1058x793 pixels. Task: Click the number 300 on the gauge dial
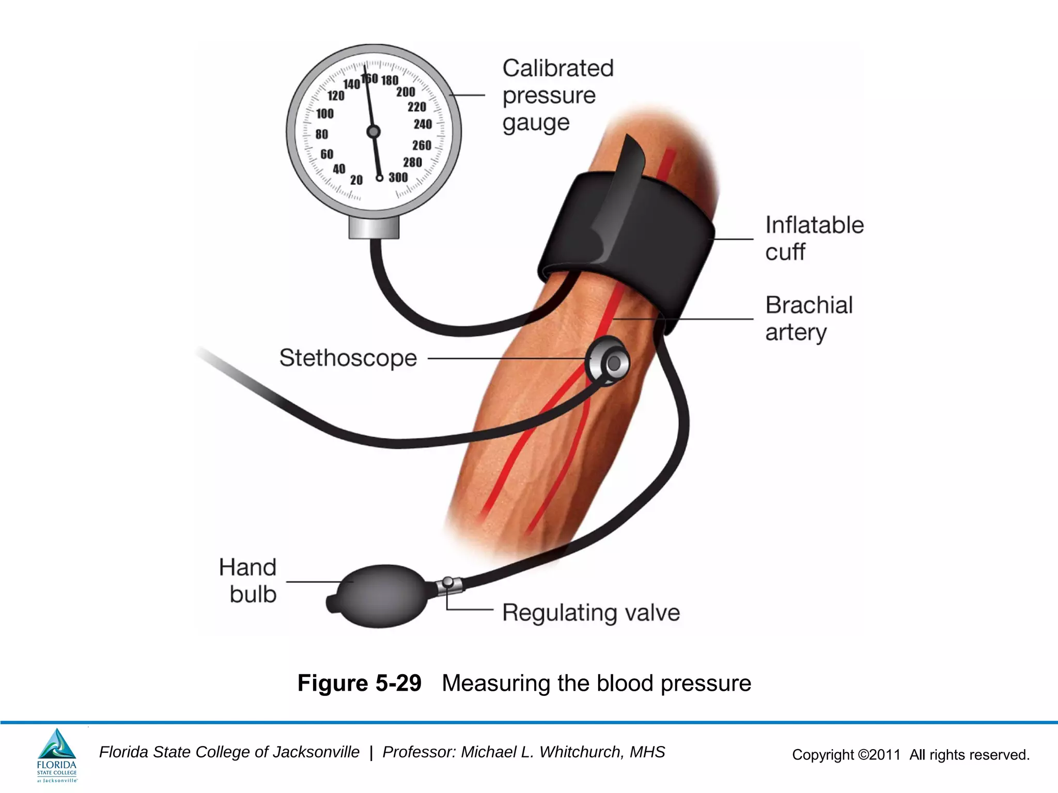point(398,178)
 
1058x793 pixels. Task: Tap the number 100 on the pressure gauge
point(325,114)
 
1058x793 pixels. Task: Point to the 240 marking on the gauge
point(423,124)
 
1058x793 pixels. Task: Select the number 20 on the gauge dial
point(356,180)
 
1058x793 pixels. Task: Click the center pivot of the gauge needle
point(374,132)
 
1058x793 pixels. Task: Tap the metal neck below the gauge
point(374,227)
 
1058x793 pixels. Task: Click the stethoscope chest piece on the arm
point(609,361)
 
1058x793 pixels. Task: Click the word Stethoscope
point(348,358)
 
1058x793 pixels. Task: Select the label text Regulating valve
point(591,613)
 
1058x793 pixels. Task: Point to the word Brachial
point(809,305)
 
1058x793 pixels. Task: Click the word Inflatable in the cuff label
point(815,225)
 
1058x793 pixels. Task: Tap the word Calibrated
point(558,68)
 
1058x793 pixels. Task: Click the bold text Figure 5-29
point(360,683)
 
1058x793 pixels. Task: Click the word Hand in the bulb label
point(248,567)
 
